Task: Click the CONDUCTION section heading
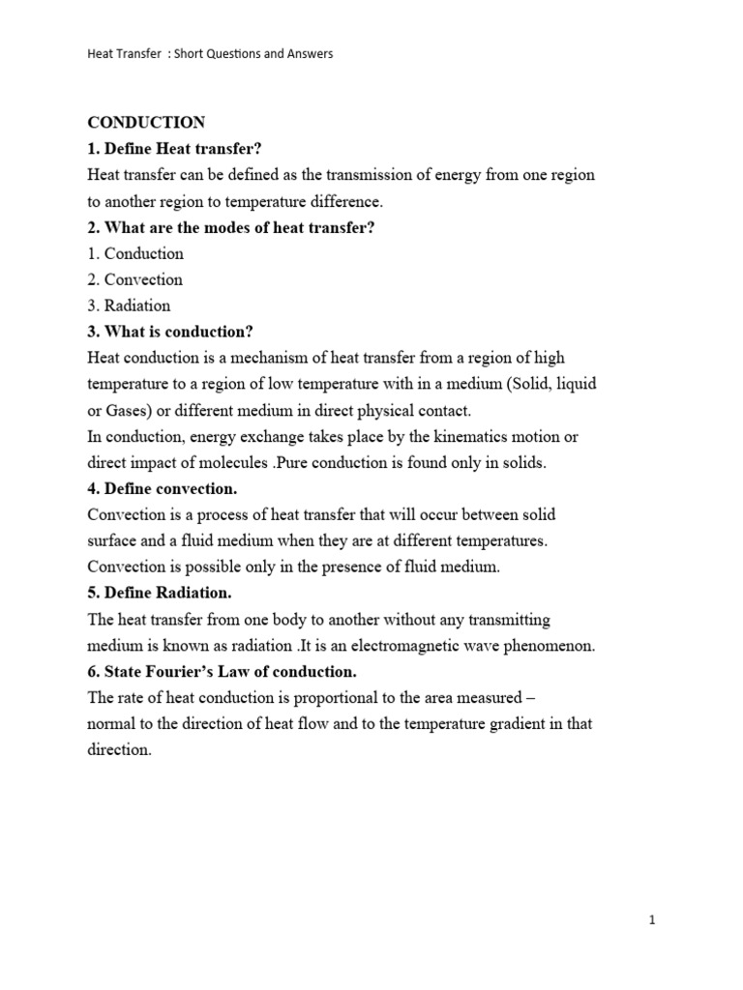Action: tap(146, 123)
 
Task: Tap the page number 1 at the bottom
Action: tap(653, 921)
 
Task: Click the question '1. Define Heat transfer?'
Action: tap(175, 149)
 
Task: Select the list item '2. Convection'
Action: tap(134, 279)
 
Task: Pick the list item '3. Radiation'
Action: tap(129, 306)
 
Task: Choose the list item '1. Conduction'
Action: tap(135, 253)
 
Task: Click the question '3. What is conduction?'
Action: tap(170, 332)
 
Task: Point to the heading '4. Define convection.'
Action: tap(162, 488)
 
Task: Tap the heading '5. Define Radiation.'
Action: tap(160, 593)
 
